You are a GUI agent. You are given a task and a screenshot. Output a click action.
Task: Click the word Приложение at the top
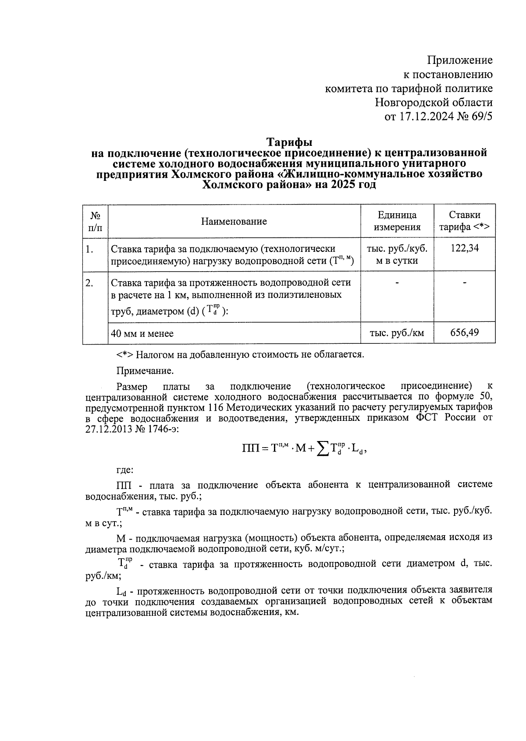(460, 60)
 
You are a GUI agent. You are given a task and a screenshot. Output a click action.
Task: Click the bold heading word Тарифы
(290, 143)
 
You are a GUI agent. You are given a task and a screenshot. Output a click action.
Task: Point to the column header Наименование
(234, 221)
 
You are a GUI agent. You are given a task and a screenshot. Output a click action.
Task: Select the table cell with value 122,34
(465, 249)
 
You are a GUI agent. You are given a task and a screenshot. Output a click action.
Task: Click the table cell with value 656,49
(465, 332)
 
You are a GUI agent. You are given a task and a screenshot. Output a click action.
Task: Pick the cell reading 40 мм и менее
(142, 334)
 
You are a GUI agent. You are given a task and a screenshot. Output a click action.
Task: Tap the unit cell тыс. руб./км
(397, 333)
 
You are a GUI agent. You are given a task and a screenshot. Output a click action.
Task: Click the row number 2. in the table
(89, 283)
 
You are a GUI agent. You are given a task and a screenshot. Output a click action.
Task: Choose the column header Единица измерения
(397, 221)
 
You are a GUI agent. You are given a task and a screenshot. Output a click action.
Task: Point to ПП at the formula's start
(252, 448)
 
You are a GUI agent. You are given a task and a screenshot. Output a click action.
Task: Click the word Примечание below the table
(145, 371)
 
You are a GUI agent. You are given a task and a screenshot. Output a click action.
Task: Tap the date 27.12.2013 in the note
(109, 428)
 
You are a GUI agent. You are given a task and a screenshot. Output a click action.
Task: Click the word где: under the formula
(125, 470)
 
